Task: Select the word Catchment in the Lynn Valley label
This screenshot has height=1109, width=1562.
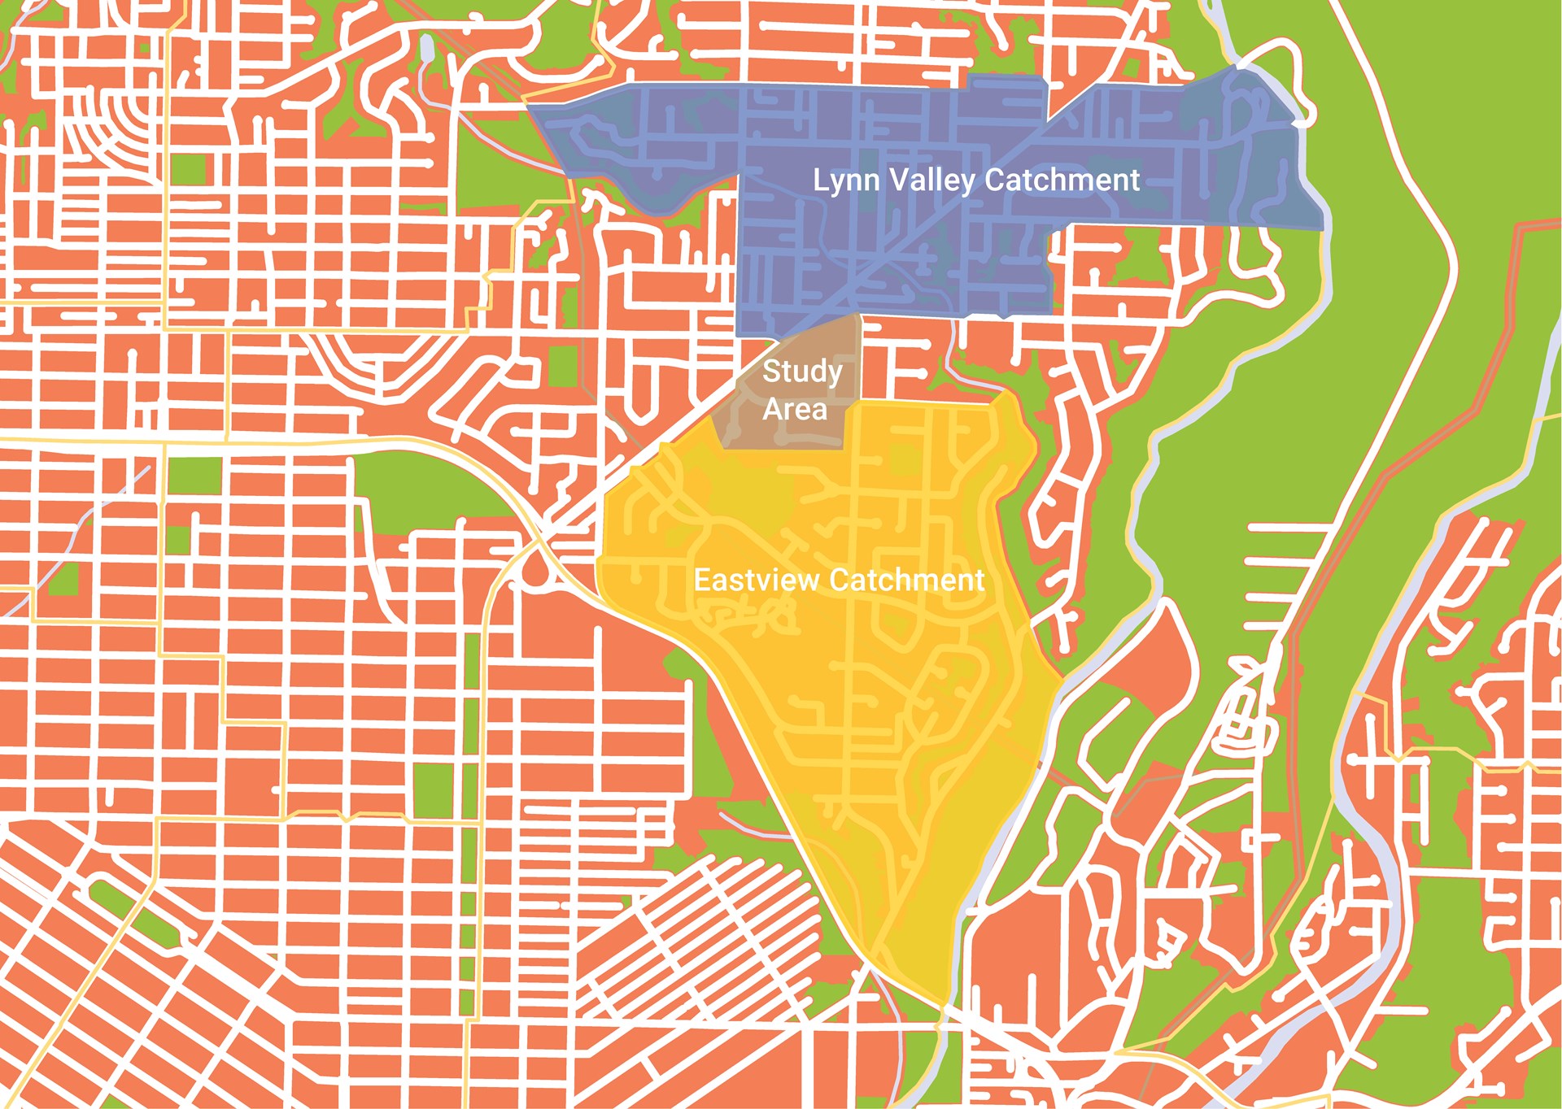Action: click(x=1062, y=180)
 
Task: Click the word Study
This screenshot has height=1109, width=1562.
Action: click(x=802, y=372)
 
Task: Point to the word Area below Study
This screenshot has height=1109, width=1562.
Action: click(x=795, y=409)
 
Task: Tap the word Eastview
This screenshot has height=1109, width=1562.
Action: click(x=757, y=580)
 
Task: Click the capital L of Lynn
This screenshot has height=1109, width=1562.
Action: click(x=820, y=180)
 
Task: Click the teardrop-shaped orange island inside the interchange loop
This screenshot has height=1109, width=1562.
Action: click(x=534, y=569)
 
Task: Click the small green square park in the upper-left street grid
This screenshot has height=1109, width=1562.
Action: click(x=189, y=168)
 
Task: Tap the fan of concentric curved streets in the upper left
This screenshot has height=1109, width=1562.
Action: click(x=106, y=122)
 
